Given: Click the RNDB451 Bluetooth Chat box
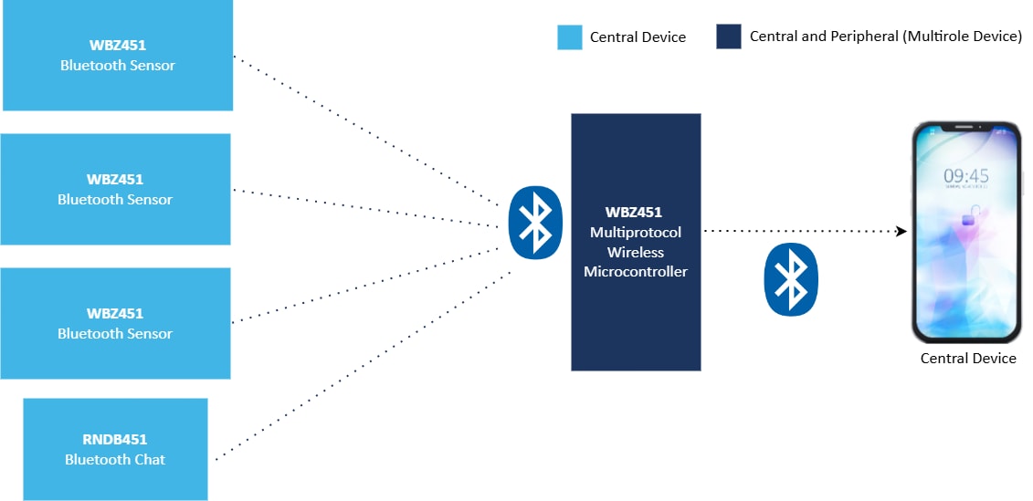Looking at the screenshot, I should pos(115,448).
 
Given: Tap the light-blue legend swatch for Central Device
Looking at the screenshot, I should pos(570,37).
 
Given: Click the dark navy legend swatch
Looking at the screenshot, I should pos(728,37).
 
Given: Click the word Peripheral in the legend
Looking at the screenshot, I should pos(846,37).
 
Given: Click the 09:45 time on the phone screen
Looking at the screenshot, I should pos(966,176).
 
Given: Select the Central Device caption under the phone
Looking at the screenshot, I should pos(968,359).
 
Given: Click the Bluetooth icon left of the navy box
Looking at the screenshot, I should pos(534,223).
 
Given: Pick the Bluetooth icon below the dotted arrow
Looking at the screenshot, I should pos(791,279).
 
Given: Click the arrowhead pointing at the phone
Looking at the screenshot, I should pos(901,231).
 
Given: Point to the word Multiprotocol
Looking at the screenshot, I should pos(636,233).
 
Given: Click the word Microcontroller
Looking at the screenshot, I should pos(636,272).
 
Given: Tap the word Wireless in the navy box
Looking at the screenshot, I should pos(636,252).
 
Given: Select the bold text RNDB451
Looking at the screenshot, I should pos(115,439).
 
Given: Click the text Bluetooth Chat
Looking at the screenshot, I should pos(115,459).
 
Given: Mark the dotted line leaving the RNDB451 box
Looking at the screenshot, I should pos(365,365).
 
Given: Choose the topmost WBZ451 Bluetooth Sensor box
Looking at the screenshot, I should pos(118,55).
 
